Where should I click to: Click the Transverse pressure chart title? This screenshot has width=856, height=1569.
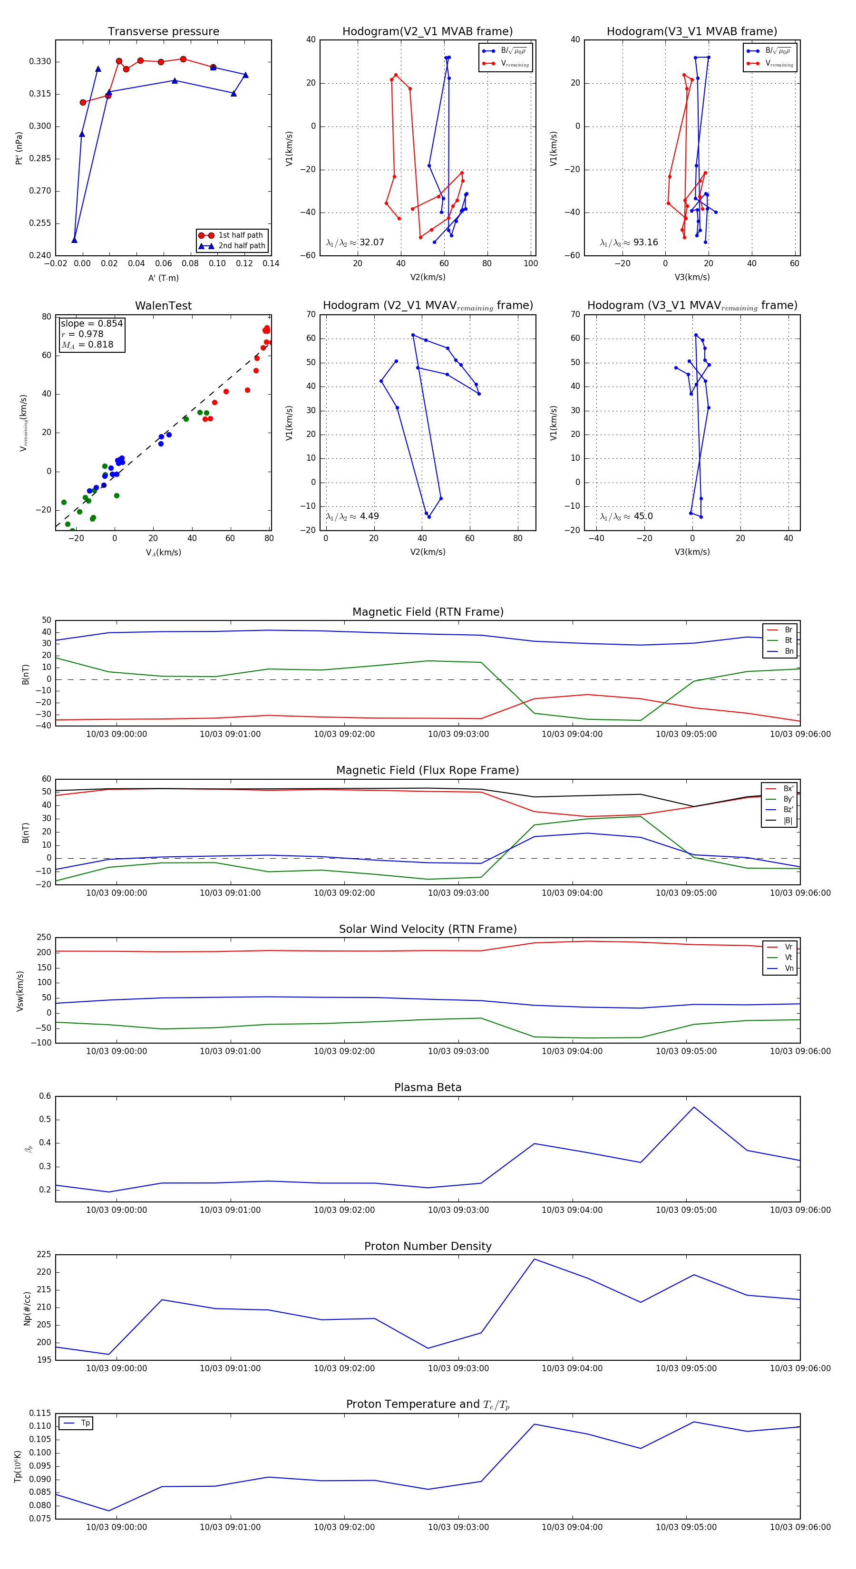coord(163,32)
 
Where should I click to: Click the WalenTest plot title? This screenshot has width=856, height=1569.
coord(163,306)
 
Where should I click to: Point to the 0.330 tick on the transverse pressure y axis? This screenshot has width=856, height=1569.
coord(40,61)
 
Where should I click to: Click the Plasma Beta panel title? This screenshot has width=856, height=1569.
coord(428,1087)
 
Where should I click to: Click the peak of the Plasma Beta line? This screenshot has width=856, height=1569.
coord(693,1107)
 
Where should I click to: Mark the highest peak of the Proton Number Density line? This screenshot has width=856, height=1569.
coord(535,1259)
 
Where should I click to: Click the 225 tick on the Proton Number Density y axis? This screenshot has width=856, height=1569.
coord(44,1255)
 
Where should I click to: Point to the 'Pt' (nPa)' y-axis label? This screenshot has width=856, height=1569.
coord(19,148)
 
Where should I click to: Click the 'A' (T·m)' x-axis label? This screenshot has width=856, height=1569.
coord(163,278)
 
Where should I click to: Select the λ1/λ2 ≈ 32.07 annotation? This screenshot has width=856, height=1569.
coord(355,242)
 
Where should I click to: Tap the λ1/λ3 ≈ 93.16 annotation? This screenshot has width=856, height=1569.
coord(629,242)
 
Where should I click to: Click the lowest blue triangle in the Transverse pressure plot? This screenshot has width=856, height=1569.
coord(74,240)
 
